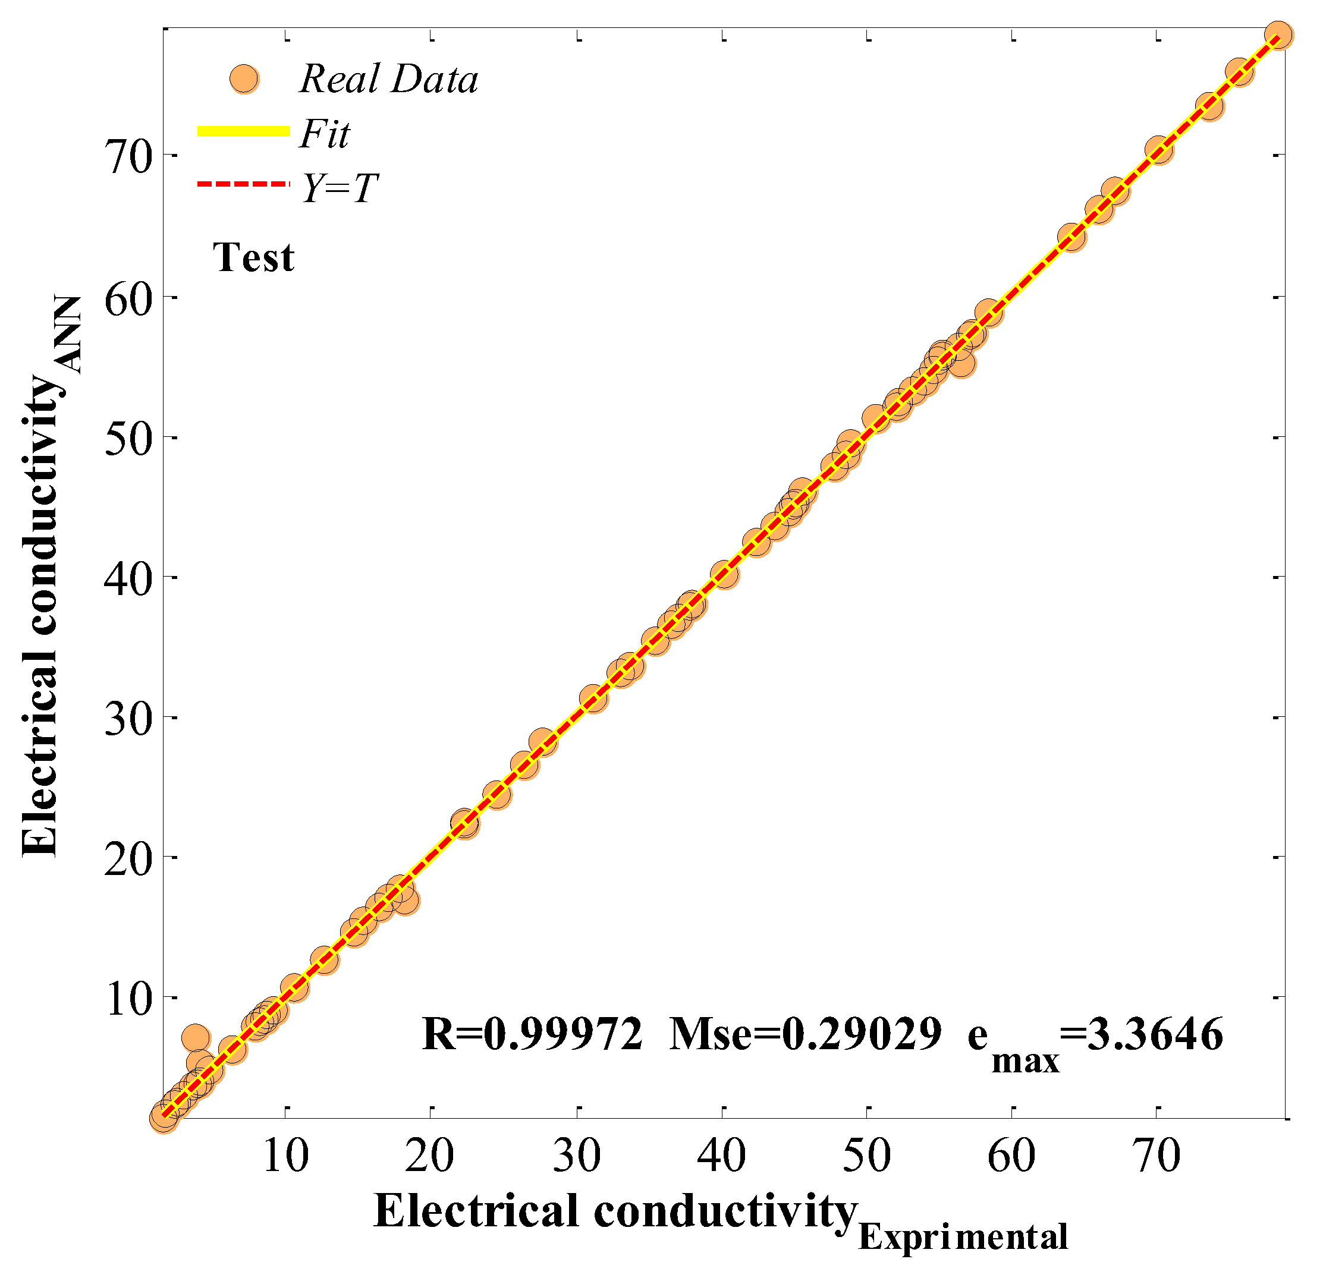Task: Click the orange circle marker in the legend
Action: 244,79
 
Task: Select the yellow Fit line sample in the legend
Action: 243,131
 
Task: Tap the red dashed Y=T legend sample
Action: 243,184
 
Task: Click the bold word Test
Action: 253,258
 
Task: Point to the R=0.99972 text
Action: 532,1034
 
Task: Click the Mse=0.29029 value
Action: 805,1034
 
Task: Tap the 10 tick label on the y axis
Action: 128,999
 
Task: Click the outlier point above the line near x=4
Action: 196,1037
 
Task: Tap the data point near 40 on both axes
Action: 724,574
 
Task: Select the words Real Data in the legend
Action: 389,79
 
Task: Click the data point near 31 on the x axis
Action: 593,698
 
